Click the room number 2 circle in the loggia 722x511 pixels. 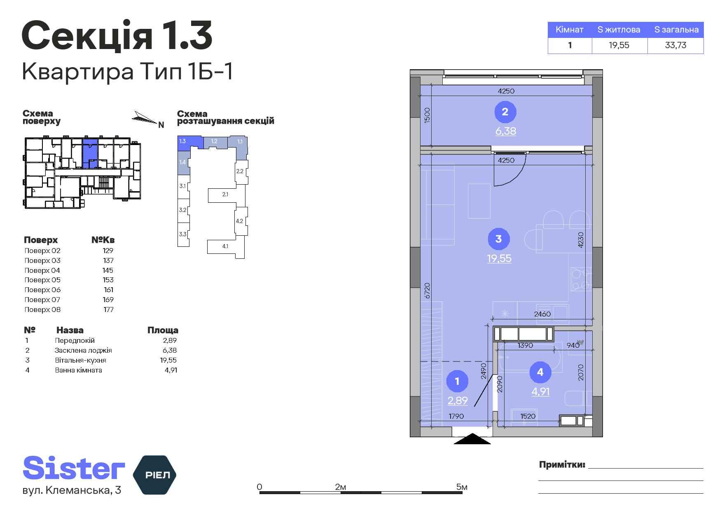(505, 112)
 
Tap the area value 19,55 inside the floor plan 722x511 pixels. (499, 258)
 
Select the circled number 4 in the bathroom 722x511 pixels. (540, 372)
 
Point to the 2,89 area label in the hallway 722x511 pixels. (458, 400)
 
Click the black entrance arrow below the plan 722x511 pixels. (472, 439)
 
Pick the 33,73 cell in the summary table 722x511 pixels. (675, 45)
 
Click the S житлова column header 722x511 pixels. (619, 30)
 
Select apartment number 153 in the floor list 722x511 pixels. (108, 280)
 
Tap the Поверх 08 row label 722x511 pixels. (42, 309)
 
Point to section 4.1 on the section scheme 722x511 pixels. (225, 247)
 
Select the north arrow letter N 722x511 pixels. (161, 125)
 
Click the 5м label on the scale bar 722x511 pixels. (462, 487)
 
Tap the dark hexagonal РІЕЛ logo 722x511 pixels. (154, 475)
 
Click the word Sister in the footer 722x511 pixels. (74, 469)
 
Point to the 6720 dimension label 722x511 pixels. (427, 291)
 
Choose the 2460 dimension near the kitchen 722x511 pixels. (542, 314)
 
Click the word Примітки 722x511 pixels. (562, 465)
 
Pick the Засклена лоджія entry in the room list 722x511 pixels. (83, 350)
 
